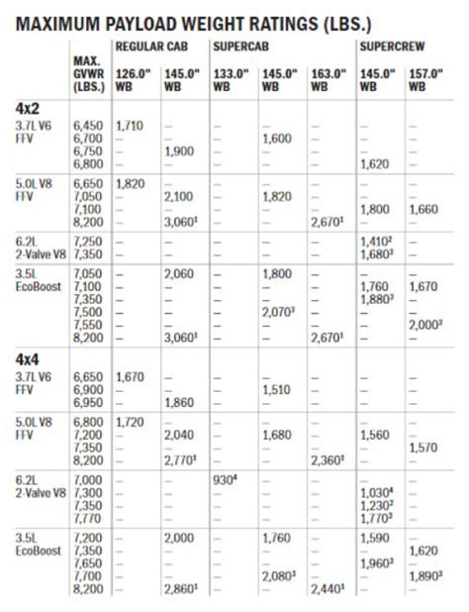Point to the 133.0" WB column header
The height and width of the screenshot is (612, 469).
230,76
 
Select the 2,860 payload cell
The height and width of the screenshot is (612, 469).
180,592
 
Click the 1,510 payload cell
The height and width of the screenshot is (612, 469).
276,390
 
